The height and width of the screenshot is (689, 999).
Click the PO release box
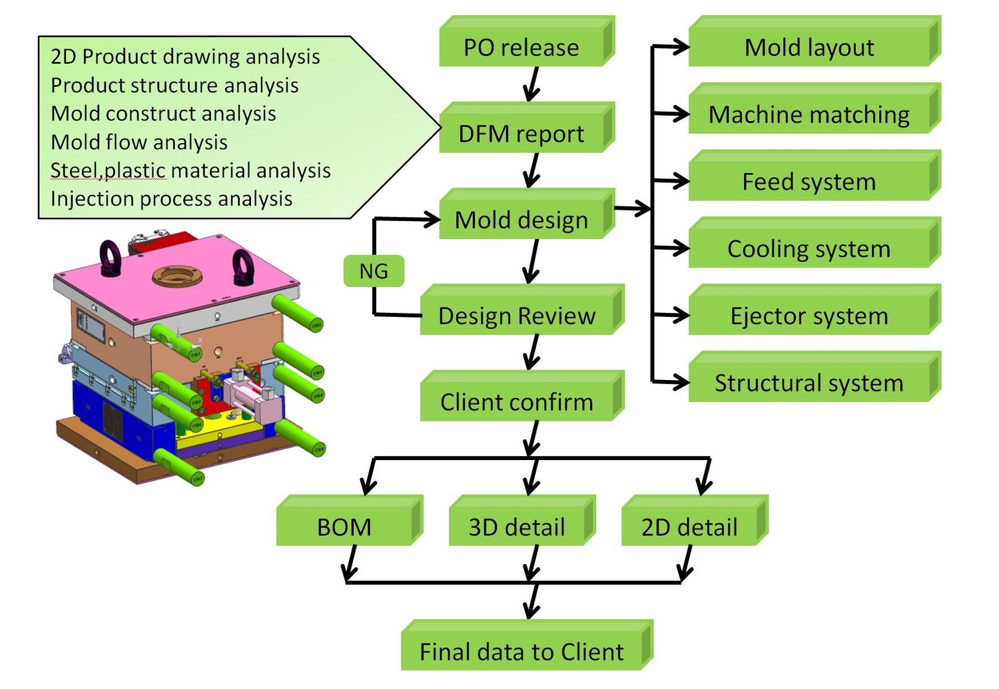(521, 47)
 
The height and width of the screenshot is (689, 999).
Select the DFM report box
(521, 133)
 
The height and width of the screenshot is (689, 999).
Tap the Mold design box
(521, 220)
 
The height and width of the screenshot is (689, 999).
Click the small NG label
(374, 271)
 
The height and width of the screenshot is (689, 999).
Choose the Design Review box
(517, 316)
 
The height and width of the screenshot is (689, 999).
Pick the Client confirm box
(517, 401)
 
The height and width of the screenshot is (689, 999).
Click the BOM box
(344, 527)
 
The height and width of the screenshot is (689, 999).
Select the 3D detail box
(517, 527)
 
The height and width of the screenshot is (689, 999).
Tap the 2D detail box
(689, 527)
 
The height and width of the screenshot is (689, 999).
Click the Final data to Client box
(521, 651)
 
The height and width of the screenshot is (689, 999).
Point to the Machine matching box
(809, 114)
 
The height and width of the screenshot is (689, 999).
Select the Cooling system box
(809, 248)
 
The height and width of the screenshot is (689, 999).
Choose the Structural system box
(809, 383)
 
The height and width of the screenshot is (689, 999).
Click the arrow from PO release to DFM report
(532, 85)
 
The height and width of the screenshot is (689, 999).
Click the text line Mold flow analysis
(139, 142)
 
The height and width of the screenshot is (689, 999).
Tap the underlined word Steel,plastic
(108, 170)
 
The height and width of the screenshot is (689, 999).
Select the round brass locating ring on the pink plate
(176, 276)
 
